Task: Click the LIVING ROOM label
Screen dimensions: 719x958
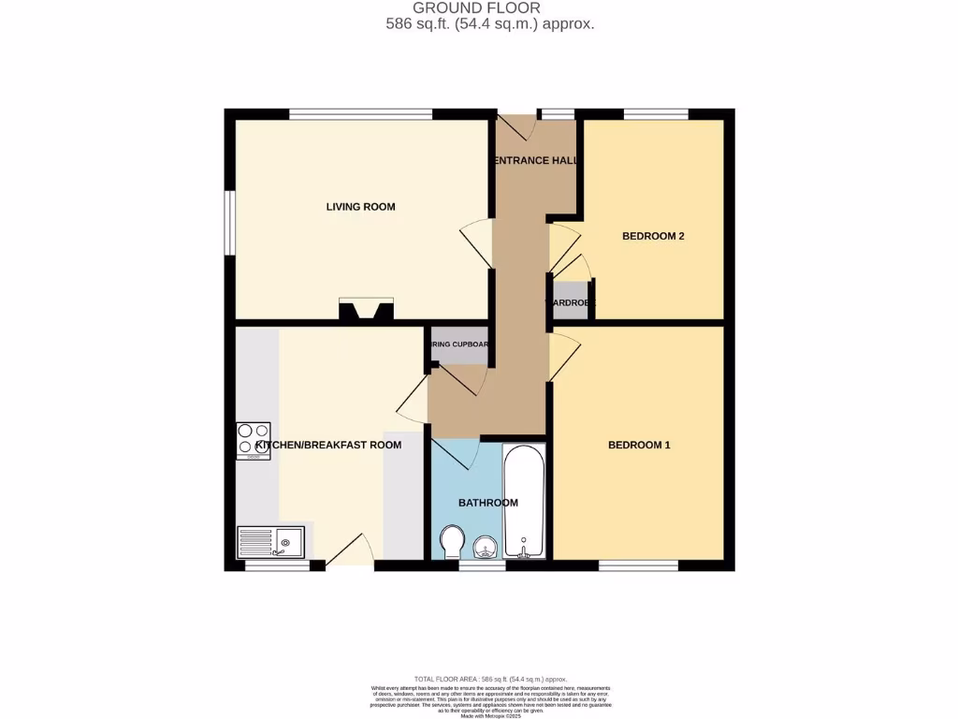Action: tap(360, 207)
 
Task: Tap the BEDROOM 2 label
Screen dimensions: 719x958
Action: tap(653, 236)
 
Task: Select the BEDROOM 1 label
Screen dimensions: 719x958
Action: tap(639, 445)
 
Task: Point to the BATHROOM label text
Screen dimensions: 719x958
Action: tap(487, 503)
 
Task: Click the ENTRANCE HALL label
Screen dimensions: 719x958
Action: tap(534, 160)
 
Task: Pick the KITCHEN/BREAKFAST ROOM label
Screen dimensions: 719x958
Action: tap(328, 445)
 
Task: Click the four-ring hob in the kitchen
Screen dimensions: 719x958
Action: tap(253, 441)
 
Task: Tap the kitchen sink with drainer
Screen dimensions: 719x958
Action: tap(270, 542)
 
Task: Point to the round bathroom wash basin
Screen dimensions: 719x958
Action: tap(486, 547)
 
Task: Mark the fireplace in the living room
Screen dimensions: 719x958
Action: tap(367, 310)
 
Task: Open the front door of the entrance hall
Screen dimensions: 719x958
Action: tap(517, 124)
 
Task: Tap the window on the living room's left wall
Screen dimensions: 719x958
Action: tap(229, 223)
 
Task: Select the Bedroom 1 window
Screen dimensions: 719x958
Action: tap(638, 565)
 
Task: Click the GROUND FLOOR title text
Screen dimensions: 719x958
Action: tap(489, 8)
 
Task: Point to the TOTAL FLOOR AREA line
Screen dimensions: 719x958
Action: tap(489, 679)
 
